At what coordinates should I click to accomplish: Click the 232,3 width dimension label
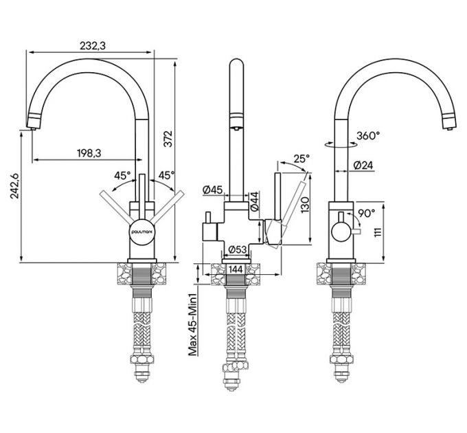(x=94, y=45)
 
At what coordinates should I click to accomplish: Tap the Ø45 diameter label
(x=213, y=190)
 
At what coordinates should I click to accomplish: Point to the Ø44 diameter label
(x=254, y=201)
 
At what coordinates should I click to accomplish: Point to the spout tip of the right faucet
(x=448, y=124)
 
